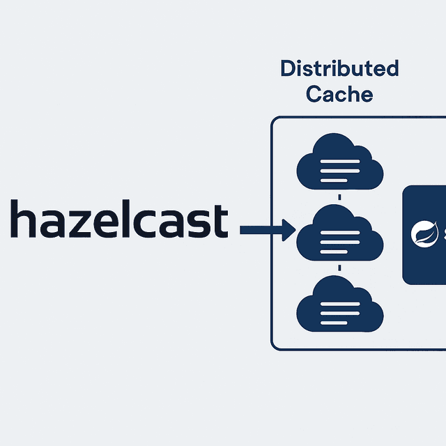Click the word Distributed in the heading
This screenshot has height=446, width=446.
[x=339, y=69]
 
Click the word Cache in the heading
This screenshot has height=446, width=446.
[x=339, y=93]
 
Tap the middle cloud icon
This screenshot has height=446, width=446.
[x=339, y=235]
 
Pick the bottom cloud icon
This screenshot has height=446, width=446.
[x=339, y=307]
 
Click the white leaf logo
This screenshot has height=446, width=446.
[x=422, y=234]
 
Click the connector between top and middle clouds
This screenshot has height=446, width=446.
[x=339, y=197]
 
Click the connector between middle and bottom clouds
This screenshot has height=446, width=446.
[x=339, y=268]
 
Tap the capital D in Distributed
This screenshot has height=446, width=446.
[x=287, y=69]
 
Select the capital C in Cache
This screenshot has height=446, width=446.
[x=314, y=93]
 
